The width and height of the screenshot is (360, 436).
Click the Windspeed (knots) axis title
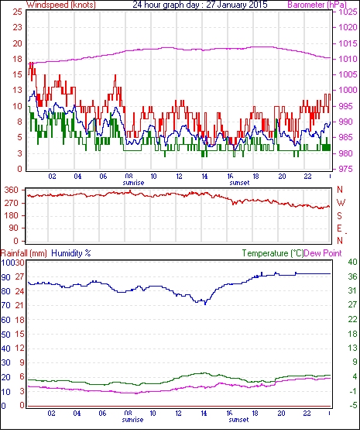pos(61,5)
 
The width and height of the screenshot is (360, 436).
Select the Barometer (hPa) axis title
pos(317,5)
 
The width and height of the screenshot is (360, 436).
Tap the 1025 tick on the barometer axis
pos(348,12)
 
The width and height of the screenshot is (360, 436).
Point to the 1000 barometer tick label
pos(348,90)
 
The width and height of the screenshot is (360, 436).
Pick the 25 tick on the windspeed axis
pos(17,12)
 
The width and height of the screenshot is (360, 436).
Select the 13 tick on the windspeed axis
pos(17,90)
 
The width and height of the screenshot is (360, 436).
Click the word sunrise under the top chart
pos(133,183)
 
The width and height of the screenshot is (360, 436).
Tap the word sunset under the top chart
pos(239,183)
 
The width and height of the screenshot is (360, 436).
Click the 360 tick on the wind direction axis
pos(12,190)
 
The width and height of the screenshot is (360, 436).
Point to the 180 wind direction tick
pos(12,215)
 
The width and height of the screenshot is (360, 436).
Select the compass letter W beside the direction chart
pos(341,203)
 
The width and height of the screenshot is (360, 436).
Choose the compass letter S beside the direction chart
pos(339,215)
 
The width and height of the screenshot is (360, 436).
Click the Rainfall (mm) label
pos(24,253)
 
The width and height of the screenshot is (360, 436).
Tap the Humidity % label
pos(71,253)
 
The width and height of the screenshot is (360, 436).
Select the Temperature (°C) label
pos(273,253)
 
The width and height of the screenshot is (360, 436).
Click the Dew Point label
pos(323,253)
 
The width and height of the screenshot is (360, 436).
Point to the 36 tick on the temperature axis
pos(352,276)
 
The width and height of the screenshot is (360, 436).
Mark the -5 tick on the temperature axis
pos(353,406)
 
